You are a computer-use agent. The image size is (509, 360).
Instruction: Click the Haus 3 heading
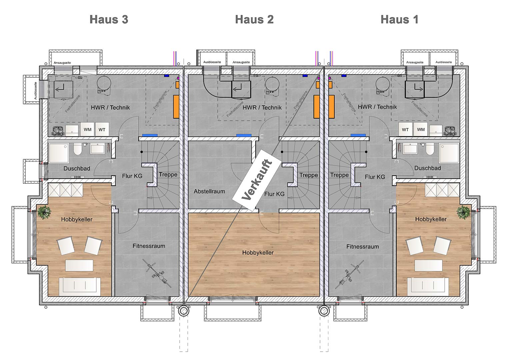109,19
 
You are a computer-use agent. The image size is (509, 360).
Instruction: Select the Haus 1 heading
399,19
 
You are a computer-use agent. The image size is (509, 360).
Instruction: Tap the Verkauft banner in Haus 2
257,180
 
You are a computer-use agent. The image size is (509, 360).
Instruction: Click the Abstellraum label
209,191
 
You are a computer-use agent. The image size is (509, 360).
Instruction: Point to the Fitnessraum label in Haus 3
149,246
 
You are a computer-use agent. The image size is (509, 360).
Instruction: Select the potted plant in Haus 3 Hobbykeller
44,212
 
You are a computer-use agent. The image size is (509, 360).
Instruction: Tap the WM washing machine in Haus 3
87,130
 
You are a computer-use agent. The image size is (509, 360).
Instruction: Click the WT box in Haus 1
405,130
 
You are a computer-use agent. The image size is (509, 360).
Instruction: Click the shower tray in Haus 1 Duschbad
449,153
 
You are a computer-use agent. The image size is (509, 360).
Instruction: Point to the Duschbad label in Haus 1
427,168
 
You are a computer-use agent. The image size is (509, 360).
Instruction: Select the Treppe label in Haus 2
308,175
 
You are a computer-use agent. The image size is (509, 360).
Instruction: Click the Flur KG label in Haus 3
132,176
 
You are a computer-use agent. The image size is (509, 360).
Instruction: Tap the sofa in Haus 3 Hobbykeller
80,287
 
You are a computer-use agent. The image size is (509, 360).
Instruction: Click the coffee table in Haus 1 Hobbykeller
428,265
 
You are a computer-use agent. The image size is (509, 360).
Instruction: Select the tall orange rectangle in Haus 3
176,107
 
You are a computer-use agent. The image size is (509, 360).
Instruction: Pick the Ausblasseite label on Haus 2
212,62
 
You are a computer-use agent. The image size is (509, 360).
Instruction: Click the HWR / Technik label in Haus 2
262,107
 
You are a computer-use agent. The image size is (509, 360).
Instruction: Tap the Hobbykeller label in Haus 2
258,253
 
